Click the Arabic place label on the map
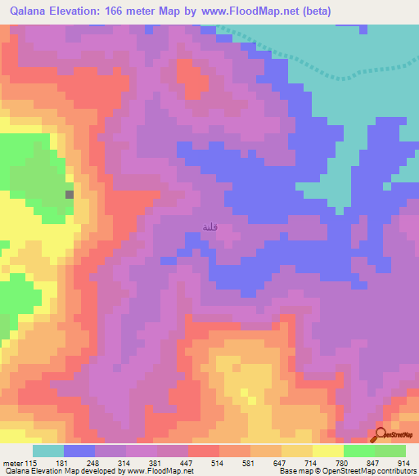pyautogui.click(x=211, y=228)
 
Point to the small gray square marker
pyautogui.click(x=70, y=194)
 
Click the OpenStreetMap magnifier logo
pyautogui.click(x=382, y=436)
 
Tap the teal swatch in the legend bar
pyautogui.click(x=48, y=451)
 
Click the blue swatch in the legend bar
pyautogui.click(x=79, y=451)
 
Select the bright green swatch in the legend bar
pyautogui.click(x=359, y=451)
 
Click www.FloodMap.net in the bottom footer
pyautogui.click(x=164, y=470)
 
